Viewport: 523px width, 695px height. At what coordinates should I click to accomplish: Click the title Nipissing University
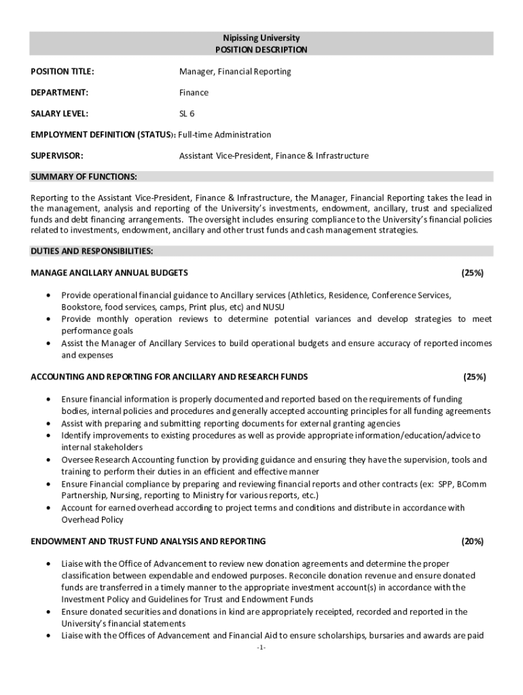point(261,38)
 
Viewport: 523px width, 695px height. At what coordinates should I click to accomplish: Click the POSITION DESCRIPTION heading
point(261,50)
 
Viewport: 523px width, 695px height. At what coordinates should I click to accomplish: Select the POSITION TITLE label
point(62,71)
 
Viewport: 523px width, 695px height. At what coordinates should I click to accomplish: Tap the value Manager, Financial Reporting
point(235,71)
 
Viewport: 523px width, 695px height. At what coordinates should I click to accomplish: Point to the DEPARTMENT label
point(60,92)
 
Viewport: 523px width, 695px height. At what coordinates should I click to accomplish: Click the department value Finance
point(194,92)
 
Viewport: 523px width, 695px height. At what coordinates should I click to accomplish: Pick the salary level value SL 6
point(187,113)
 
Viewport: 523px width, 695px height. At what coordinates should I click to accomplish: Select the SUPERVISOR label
point(57,155)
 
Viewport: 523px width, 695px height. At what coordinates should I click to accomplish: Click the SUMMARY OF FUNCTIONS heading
point(84,177)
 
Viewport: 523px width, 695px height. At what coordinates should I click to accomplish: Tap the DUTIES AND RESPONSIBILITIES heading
point(92,251)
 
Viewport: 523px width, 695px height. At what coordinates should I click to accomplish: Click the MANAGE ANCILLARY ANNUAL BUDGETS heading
point(110,273)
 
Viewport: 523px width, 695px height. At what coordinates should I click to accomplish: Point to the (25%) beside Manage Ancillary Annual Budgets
point(472,273)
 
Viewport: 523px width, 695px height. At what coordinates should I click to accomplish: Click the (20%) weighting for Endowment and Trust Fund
point(472,541)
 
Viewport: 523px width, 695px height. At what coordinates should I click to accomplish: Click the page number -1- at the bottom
point(261,648)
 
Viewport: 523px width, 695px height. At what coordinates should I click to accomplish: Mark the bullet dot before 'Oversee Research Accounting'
point(48,460)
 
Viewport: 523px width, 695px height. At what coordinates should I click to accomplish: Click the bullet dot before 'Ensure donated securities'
point(48,612)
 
